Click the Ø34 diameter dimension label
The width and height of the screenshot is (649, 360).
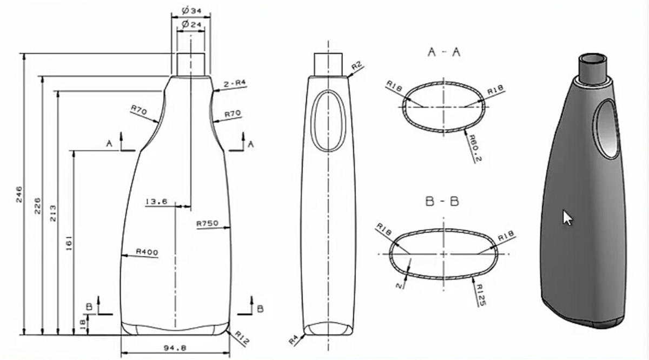(191, 11)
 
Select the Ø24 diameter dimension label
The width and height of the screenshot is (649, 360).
(191, 24)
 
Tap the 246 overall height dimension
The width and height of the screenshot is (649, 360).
(19, 194)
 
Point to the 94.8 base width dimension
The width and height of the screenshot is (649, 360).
(175, 348)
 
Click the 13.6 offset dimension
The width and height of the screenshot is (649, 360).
(156, 201)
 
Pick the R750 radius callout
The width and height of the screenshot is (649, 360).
(208, 223)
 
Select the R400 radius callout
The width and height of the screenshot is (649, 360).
(147, 252)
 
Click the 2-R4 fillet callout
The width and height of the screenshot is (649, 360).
(235, 84)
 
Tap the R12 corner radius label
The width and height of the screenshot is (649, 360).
(242, 338)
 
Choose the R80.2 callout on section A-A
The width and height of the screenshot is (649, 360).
(475, 148)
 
